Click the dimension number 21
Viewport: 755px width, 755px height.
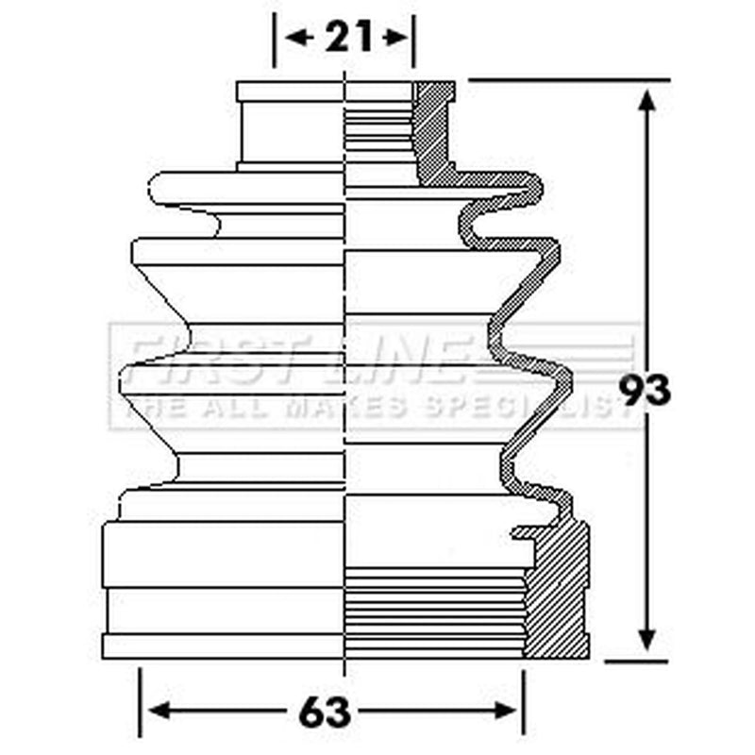[x=348, y=37]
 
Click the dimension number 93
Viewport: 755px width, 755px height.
[x=645, y=391]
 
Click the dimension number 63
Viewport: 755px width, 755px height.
[x=324, y=713]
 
